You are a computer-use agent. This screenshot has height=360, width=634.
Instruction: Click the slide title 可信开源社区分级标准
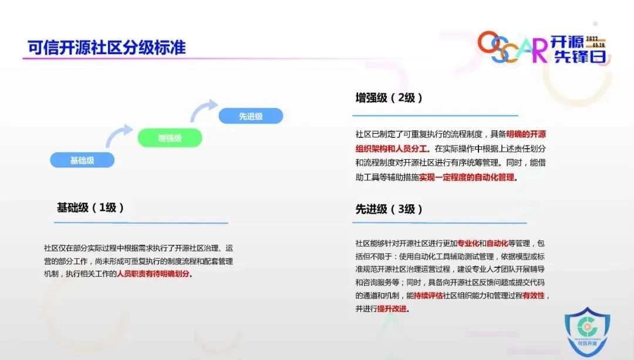coord(107,48)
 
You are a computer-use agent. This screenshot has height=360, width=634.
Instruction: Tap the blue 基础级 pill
coord(82,160)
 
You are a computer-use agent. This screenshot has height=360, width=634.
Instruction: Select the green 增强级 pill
coord(170,138)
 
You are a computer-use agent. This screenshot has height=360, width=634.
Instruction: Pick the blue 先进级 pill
coord(251,116)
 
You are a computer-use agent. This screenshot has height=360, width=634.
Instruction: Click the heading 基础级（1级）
coord(90,207)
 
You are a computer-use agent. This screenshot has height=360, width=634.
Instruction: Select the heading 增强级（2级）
coord(389,97)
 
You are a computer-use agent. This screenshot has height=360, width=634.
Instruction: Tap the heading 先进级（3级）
coord(389,209)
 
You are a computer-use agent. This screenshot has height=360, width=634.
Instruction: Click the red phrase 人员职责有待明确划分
coord(153,274)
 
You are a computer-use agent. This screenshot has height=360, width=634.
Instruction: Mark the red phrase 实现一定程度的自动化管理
coord(467,177)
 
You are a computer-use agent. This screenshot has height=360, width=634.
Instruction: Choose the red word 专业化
coord(468,243)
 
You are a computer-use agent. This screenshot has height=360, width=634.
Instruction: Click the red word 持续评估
coord(428,295)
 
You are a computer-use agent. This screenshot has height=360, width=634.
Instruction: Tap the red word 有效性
coord(534,295)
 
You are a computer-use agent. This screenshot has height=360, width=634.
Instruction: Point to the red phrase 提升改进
coord(392,309)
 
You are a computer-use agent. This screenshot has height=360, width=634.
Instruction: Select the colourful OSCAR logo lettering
coord(512,47)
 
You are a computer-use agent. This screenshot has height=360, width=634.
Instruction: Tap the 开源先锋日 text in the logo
coord(579,49)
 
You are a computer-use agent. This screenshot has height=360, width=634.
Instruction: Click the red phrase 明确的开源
coord(526,134)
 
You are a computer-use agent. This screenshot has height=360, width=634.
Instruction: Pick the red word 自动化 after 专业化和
coord(497,243)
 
